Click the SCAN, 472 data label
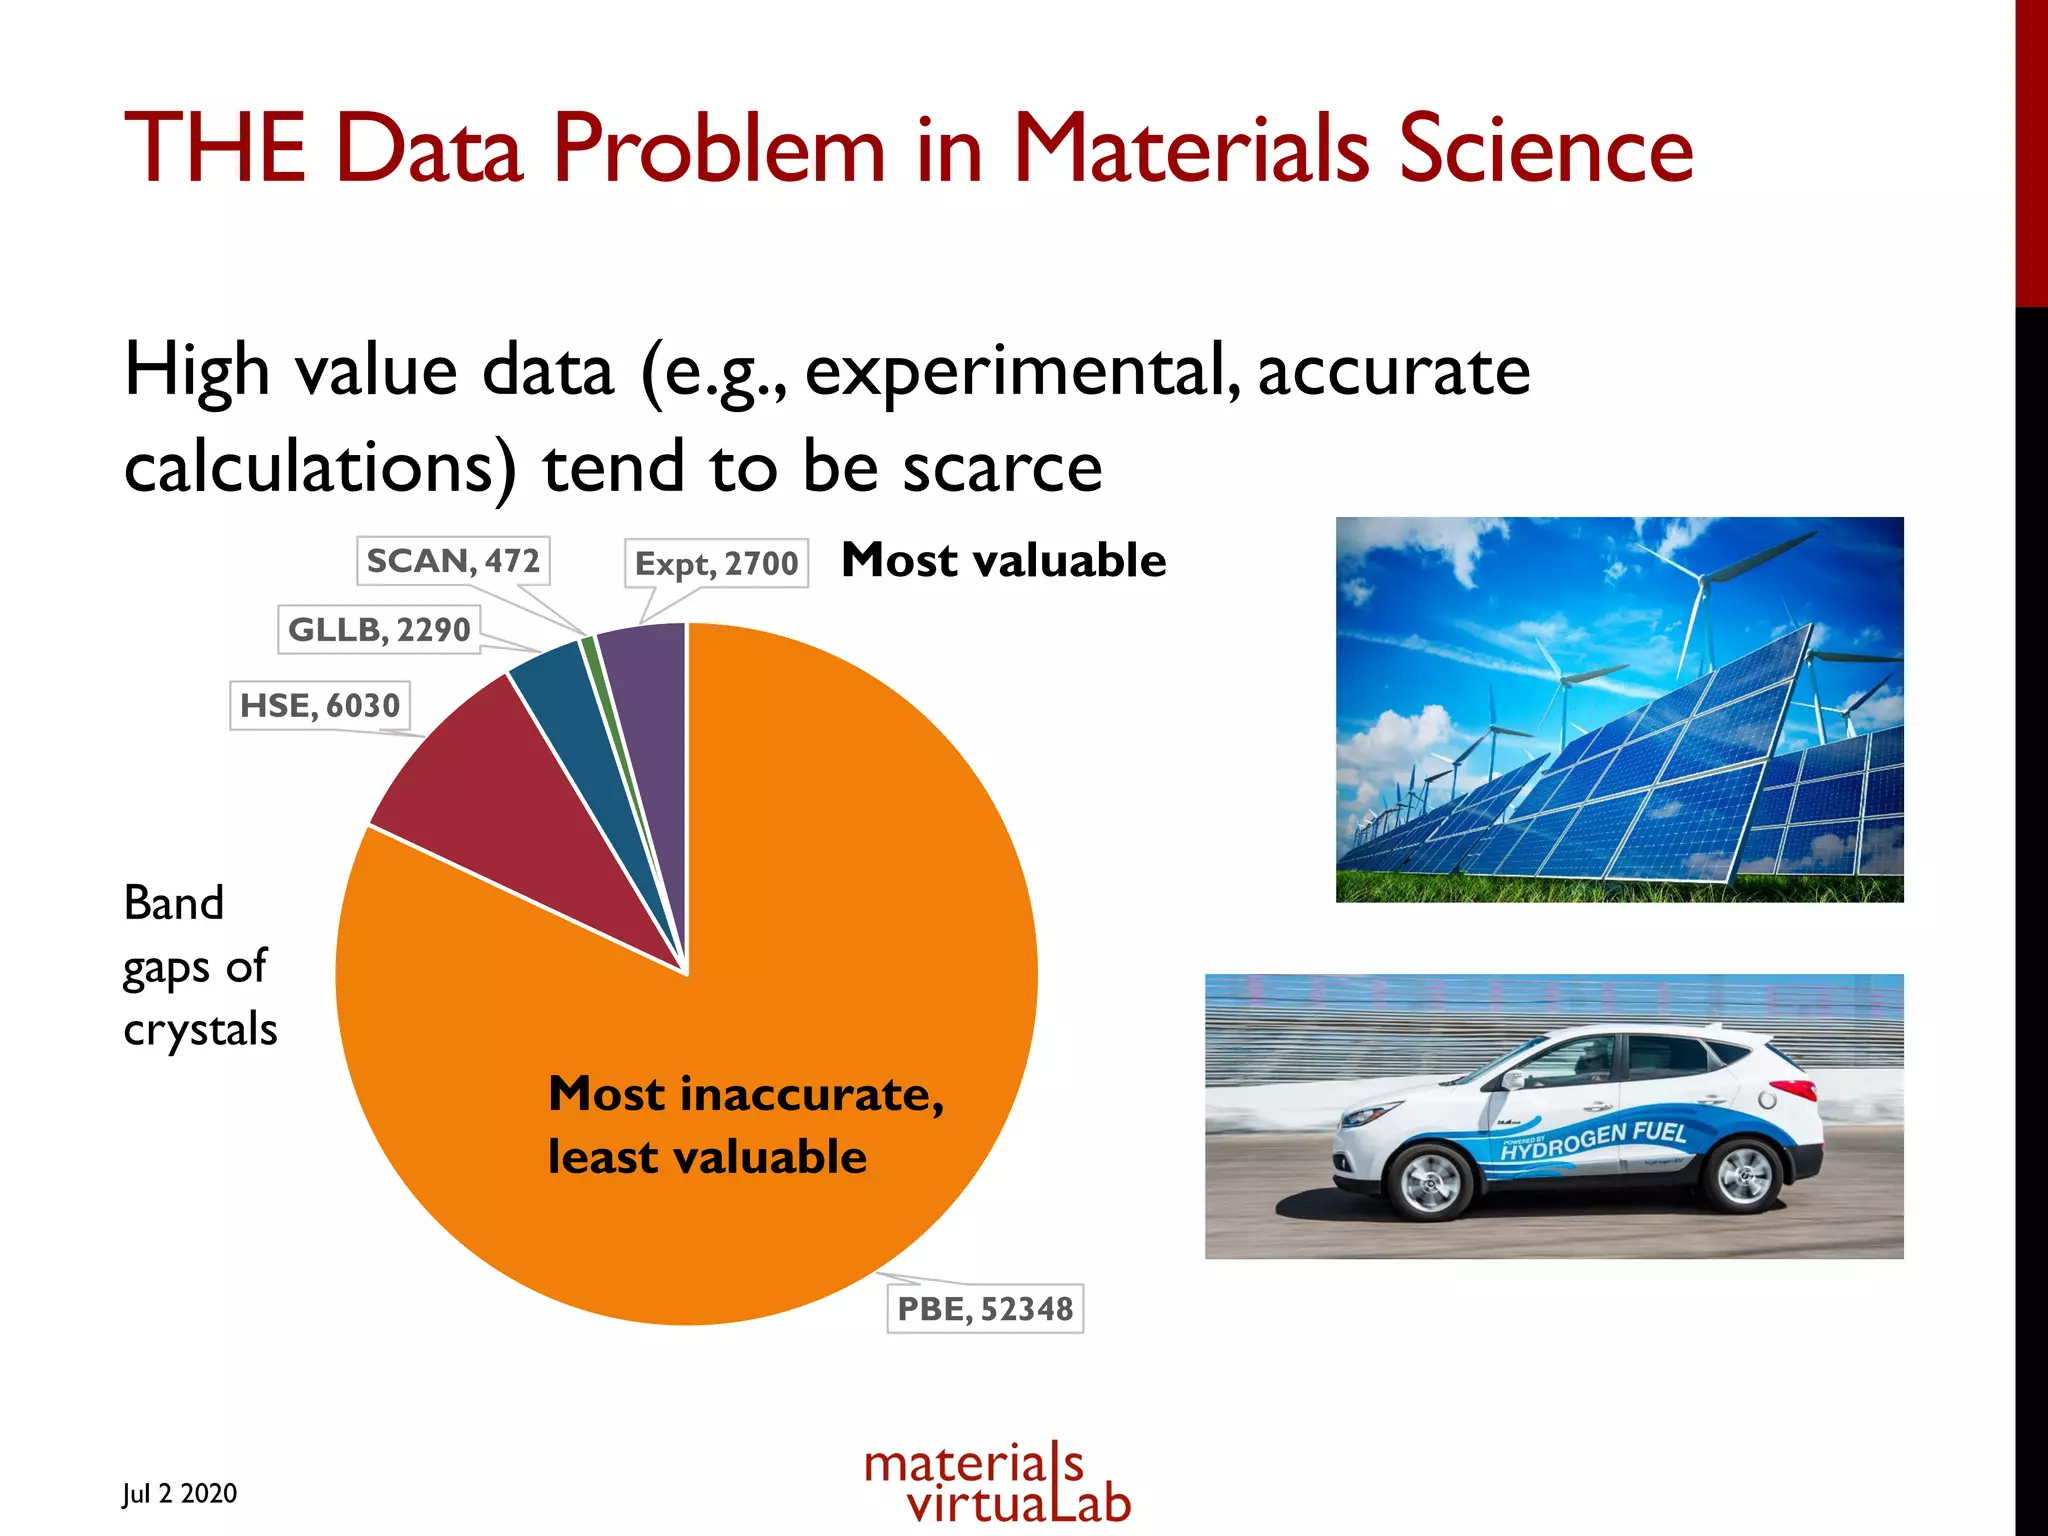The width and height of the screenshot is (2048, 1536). tap(453, 561)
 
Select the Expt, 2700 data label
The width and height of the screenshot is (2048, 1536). tap(716, 563)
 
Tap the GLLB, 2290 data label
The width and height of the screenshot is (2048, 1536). tap(379, 630)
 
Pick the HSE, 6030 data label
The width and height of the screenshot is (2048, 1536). tap(320, 706)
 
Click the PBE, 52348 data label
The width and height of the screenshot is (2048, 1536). tap(985, 1309)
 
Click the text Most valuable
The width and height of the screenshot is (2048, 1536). tap(1004, 560)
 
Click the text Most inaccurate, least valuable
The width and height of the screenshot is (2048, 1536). tap(745, 1125)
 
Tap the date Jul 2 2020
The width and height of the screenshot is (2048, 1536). tap(180, 1493)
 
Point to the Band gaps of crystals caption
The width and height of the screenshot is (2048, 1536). tap(198, 966)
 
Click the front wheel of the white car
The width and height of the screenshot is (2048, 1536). tap(1430, 1183)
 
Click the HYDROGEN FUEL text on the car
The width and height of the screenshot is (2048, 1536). tap(1594, 1140)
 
